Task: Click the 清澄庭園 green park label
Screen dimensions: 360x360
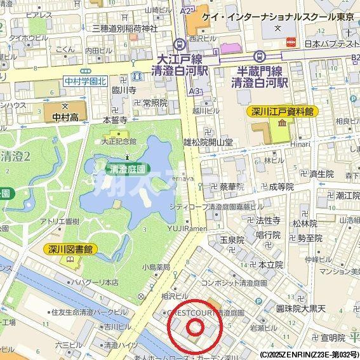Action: pos(128,170)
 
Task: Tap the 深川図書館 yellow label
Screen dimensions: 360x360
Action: pos(70,250)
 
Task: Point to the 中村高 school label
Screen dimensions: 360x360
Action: pos(66,116)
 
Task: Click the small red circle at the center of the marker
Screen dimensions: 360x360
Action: pos(195,327)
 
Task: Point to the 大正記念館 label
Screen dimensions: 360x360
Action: pos(119,141)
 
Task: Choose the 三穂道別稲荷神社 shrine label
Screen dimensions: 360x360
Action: pos(124,28)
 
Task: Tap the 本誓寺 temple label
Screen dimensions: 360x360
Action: pos(115,119)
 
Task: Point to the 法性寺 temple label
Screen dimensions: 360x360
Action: pos(268,220)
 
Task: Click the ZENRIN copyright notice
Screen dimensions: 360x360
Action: pos(309,354)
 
